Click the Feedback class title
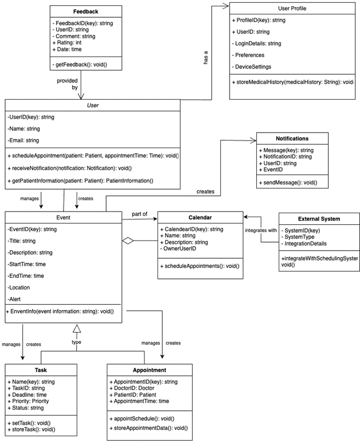(x=85, y=12)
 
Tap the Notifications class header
(x=292, y=139)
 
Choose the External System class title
(x=318, y=219)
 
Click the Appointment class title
(x=150, y=370)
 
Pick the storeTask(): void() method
(x=32, y=430)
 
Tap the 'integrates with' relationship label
(x=261, y=231)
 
